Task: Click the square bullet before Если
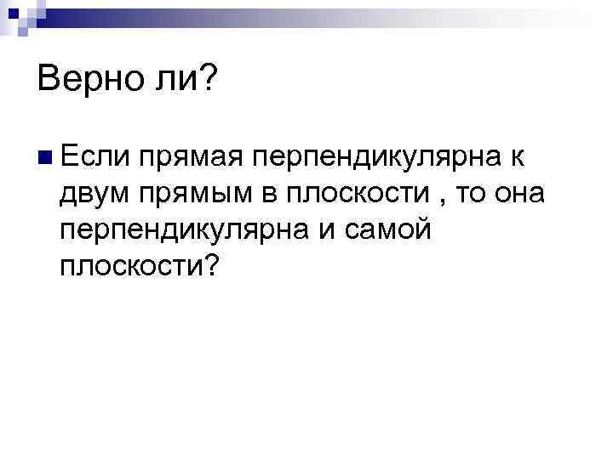[45, 158]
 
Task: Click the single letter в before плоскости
[270, 195]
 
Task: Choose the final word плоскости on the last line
[133, 267]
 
